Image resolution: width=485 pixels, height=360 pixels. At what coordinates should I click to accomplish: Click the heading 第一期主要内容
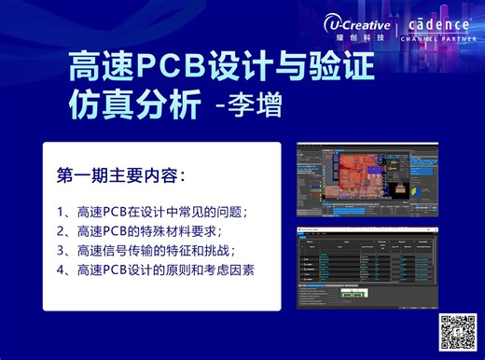tap(120, 175)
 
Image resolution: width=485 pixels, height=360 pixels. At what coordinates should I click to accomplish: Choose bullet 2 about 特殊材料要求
tap(149, 229)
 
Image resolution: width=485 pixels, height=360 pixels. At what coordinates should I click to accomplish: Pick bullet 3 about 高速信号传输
tap(154, 250)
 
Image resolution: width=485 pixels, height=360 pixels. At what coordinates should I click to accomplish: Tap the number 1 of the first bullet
tap(61, 210)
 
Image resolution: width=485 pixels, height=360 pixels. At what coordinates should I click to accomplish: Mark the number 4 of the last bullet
tap(61, 270)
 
